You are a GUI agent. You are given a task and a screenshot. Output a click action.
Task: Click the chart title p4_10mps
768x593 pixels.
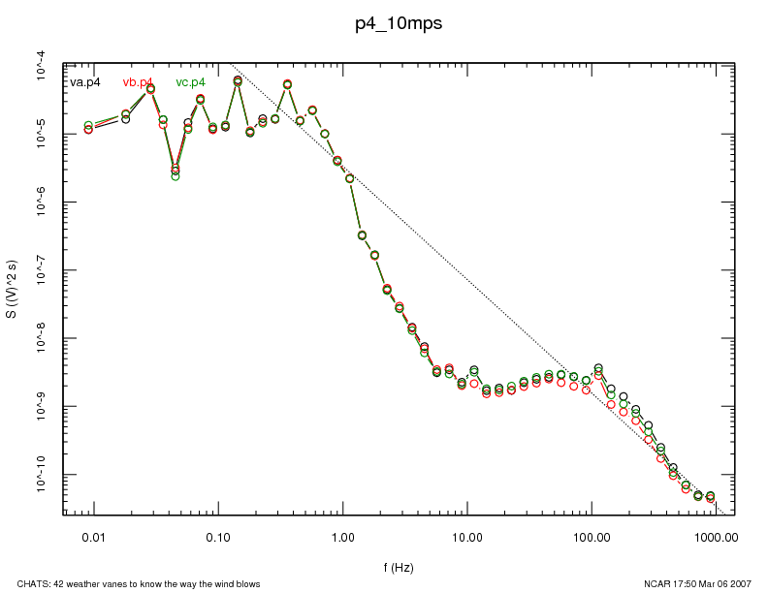pos(399,24)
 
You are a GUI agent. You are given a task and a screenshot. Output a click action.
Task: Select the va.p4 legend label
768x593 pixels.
pos(85,82)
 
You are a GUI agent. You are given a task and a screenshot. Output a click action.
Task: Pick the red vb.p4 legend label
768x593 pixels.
pos(138,82)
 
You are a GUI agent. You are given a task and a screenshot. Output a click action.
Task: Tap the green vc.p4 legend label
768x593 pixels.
pos(190,82)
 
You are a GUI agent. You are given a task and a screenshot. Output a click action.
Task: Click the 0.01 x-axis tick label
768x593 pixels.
pos(93,535)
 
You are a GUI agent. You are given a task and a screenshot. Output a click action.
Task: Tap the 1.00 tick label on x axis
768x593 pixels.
pos(342,535)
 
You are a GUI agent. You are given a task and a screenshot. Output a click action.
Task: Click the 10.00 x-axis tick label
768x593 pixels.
pos(467,535)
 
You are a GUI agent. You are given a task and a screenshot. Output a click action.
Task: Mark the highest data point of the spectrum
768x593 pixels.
pos(238,80)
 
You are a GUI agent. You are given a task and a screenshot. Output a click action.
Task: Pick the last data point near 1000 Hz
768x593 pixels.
pos(711,497)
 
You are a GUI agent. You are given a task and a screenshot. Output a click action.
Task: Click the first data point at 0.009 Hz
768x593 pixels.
pos(88,128)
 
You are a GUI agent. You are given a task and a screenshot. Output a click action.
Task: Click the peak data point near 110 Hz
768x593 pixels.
pos(598,368)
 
